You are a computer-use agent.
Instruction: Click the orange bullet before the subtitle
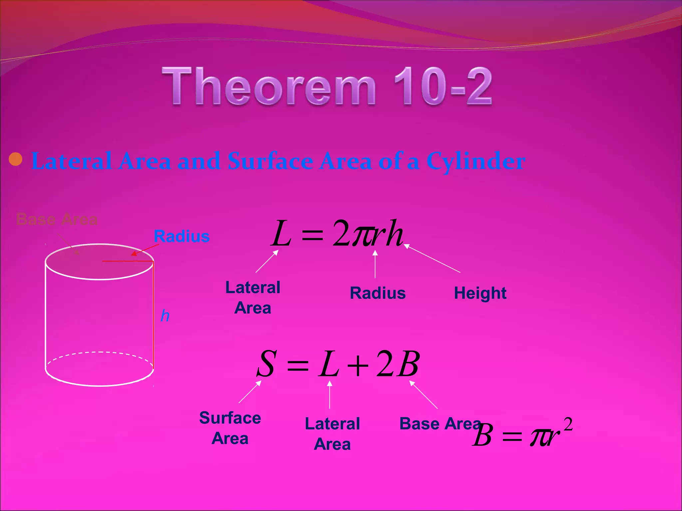coord(16,159)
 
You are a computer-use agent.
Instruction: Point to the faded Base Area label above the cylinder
coord(57,220)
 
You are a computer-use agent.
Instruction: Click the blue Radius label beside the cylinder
coord(181,237)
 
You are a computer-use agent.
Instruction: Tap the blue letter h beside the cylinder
coord(165,316)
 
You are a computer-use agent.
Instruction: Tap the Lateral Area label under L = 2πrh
coord(253,297)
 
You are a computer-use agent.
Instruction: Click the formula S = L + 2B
coord(338,364)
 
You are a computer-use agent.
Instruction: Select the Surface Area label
coord(230,428)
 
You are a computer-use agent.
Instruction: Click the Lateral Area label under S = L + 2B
coord(332,434)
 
